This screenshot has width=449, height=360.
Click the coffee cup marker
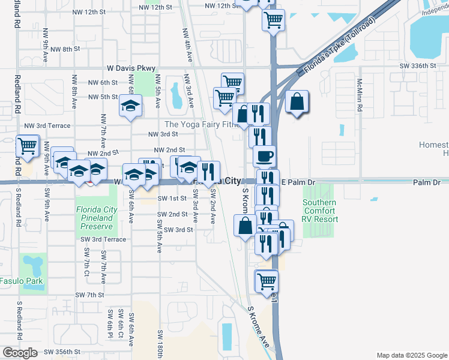click(x=264, y=157)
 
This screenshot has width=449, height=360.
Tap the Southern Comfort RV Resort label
click(x=319, y=211)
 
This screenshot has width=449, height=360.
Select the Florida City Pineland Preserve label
click(x=95, y=218)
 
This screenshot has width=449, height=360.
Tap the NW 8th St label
click(x=65, y=49)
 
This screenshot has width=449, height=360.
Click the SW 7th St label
click(x=90, y=295)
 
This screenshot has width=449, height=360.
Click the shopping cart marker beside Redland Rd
click(x=27, y=145)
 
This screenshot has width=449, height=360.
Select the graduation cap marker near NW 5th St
click(x=130, y=106)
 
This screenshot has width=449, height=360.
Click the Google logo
click(x=20, y=353)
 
